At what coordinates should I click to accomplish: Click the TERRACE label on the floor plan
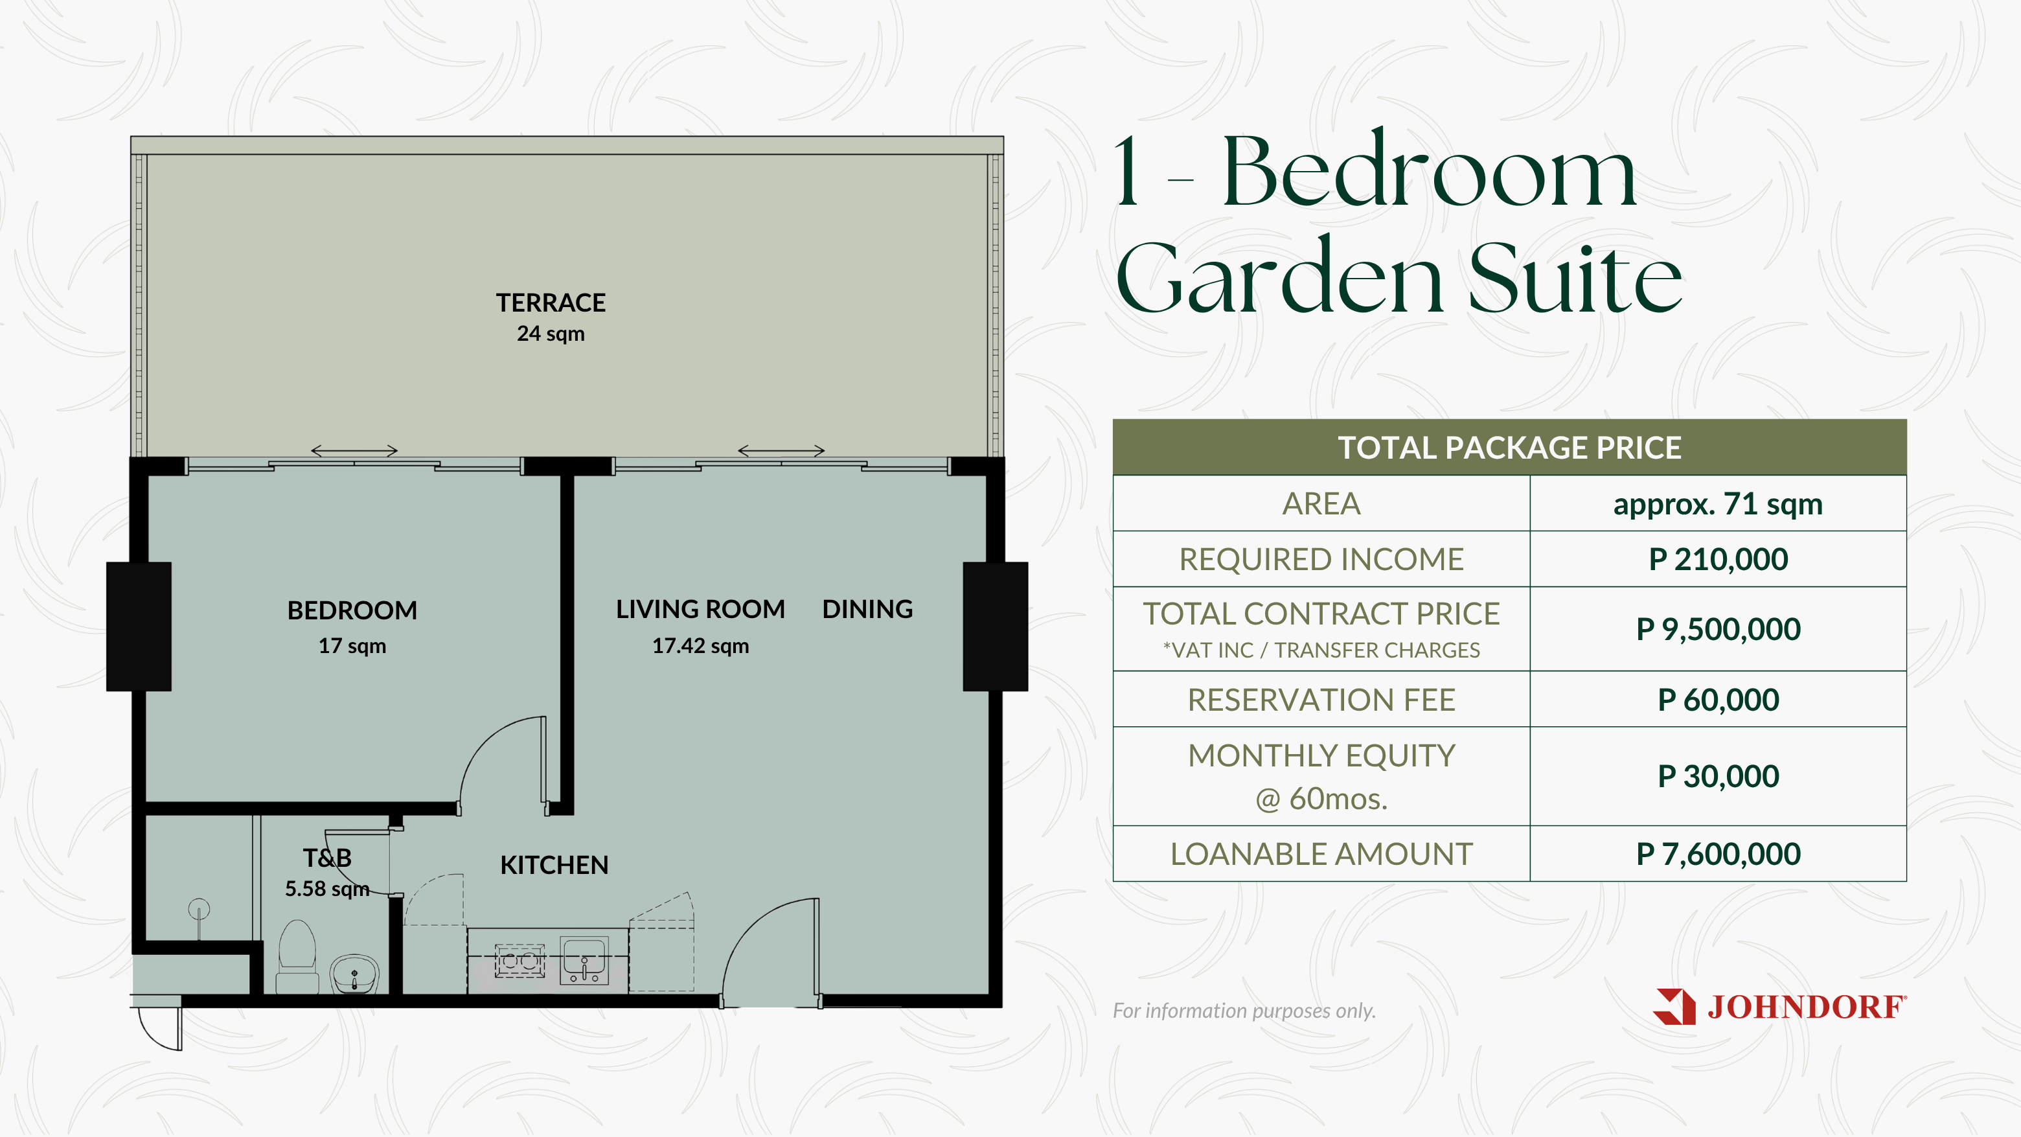551,303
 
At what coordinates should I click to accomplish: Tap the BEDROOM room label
352,610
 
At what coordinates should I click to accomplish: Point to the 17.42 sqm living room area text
701,646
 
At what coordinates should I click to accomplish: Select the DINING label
868,609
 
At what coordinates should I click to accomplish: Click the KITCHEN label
554,865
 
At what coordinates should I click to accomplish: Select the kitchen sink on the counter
584,960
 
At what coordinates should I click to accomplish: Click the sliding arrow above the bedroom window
354,450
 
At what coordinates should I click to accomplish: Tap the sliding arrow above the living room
781,450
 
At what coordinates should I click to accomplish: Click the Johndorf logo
1779,1007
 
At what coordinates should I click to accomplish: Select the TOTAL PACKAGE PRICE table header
1509,447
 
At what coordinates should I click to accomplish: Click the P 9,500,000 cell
1718,629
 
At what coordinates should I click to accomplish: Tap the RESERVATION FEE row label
1321,700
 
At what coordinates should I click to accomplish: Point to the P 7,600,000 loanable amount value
1718,854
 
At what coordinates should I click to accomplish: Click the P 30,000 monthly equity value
1718,776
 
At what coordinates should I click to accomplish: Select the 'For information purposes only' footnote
1244,1011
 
